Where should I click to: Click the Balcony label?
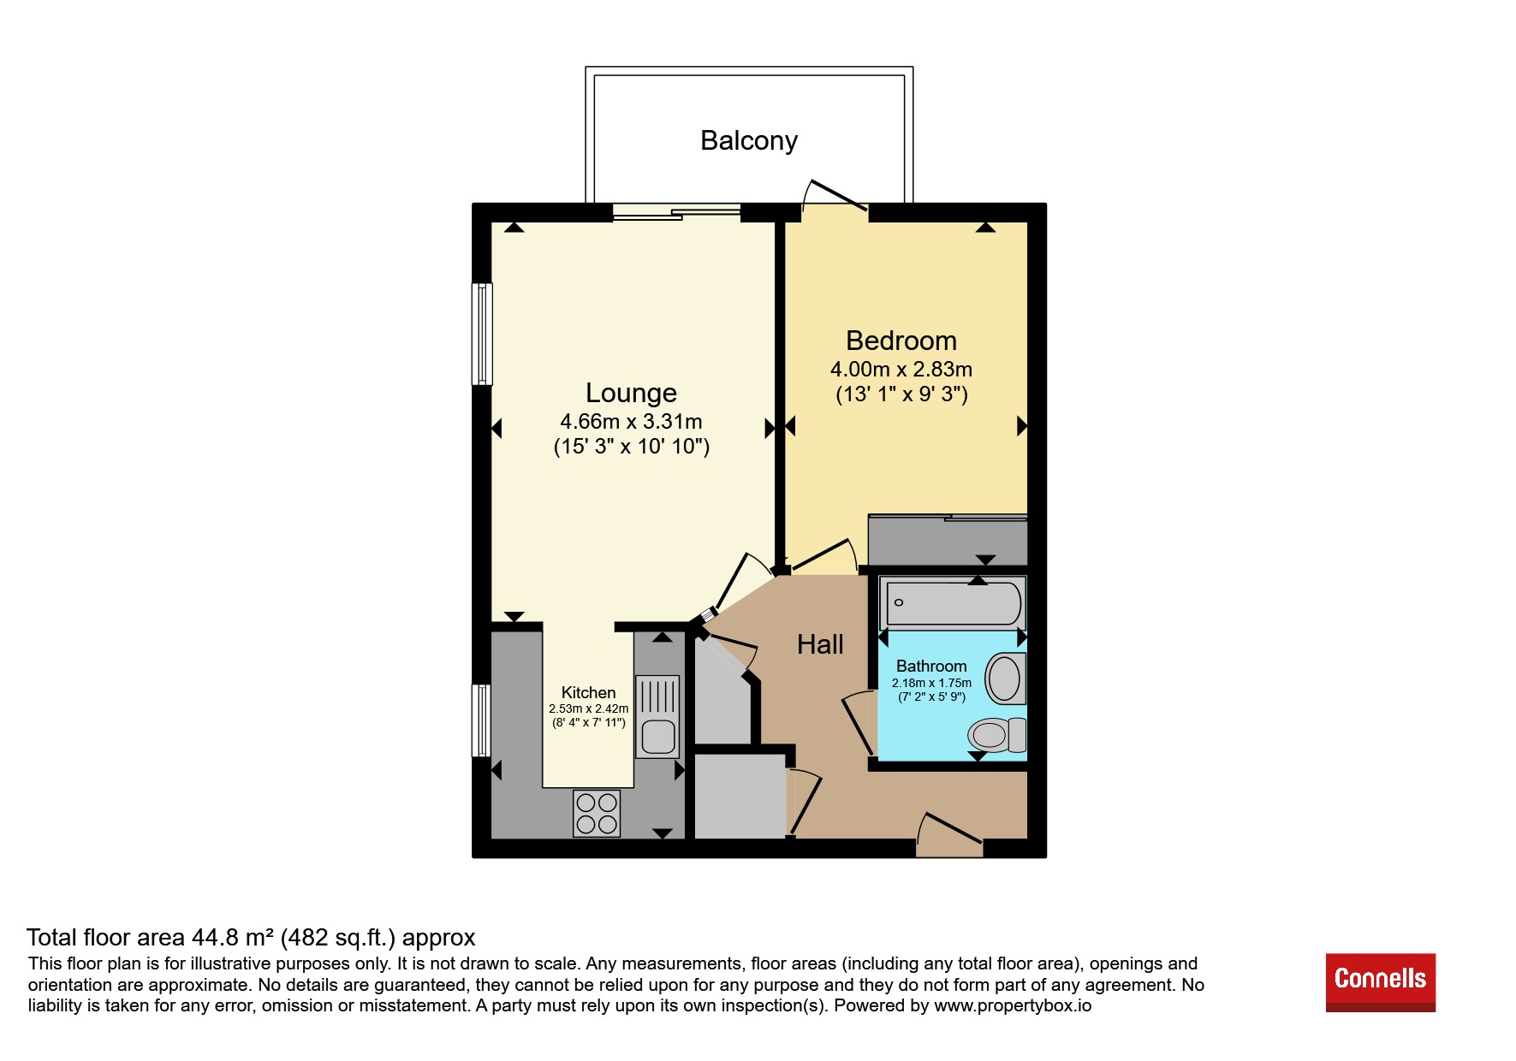pyautogui.click(x=749, y=141)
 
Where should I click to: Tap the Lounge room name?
pyautogui.click(x=631, y=393)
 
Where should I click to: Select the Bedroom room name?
pyautogui.click(x=901, y=341)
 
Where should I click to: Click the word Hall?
pyautogui.click(x=820, y=644)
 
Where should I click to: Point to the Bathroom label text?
pyautogui.click(x=931, y=666)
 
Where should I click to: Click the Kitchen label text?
pyautogui.click(x=588, y=692)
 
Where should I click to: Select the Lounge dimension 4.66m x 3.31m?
pyautogui.click(x=631, y=422)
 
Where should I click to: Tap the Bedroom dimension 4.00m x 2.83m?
pyautogui.click(x=901, y=370)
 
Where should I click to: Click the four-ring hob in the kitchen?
pyautogui.click(x=597, y=813)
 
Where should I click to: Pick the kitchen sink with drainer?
pyautogui.click(x=657, y=717)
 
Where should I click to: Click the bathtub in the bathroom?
pyautogui.click(x=954, y=603)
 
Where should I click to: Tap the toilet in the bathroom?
pyautogui.click(x=996, y=734)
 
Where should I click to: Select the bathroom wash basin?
pyautogui.click(x=1006, y=679)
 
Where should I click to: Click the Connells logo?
pyautogui.click(x=1381, y=982)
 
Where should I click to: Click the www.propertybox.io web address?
pyautogui.click(x=1013, y=1005)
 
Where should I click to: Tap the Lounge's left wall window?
pyautogui.click(x=483, y=334)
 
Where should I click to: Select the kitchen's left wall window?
pyautogui.click(x=483, y=720)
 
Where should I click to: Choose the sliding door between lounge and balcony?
pyautogui.click(x=676, y=211)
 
